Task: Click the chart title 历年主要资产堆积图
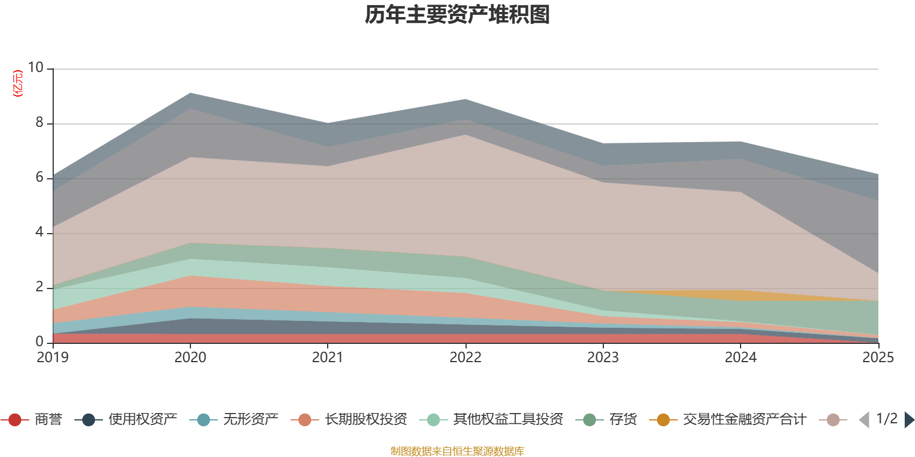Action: pos(457,15)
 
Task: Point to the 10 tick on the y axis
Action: pos(35,68)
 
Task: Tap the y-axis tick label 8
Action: pos(39,123)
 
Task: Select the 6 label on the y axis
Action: pos(39,178)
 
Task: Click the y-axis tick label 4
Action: pos(39,232)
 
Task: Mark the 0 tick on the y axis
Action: pos(39,342)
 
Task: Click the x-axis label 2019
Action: pos(53,358)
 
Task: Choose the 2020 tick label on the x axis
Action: pos(190,358)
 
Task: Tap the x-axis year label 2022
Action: pos(466,358)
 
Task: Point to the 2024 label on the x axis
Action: pos(741,358)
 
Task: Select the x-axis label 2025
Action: pos(878,358)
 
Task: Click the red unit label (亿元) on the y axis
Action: pos(18,83)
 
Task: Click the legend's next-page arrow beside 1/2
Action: pos(909,420)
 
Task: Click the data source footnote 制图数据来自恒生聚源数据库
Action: pos(457,451)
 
